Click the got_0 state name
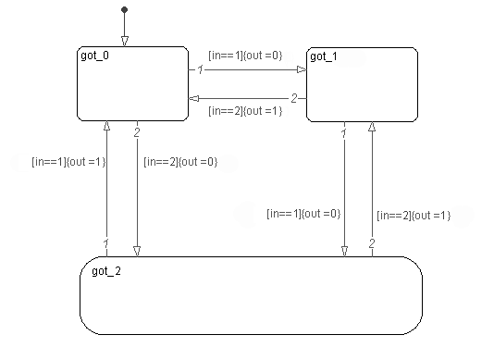[x=95, y=56]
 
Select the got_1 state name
[x=324, y=56]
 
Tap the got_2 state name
[x=106, y=271]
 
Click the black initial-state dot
[x=125, y=10]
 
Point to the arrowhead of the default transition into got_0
[x=125, y=42]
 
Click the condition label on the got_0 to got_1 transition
[x=245, y=56]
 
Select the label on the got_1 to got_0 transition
[x=245, y=111]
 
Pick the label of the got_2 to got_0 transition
[x=68, y=162]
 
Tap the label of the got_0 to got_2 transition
[x=180, y=162]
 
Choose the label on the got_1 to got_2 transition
[x=303, y=214]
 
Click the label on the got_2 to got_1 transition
[x=414, y=216]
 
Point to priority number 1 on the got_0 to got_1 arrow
[x=201, y=69]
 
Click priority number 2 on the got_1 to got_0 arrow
[x=294, y=99]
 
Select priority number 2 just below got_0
[x=137, y=132]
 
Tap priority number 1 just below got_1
[x=344, y=133]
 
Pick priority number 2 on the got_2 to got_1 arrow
[x=372, y=243]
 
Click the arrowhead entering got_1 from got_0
[x=302, y=69]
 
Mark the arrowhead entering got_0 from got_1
[x=193, y=99]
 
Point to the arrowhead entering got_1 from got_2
[x=372, y=127]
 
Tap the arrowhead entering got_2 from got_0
[x=137, y=252]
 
